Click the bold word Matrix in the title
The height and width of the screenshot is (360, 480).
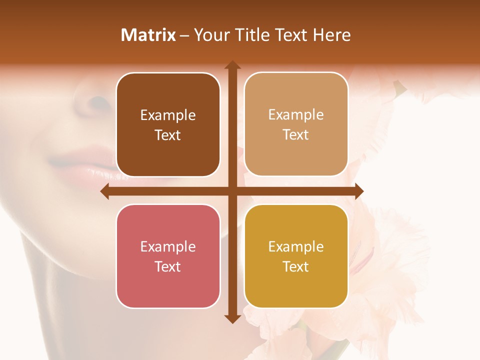pyautogui.click(x=148, y=35)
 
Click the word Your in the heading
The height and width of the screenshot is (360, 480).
pyautogui.click(x=210, y=35)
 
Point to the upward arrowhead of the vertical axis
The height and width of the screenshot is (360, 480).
pyautogui.click(x=232, y=65)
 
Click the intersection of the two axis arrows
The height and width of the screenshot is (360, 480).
pyautogui.click(x=232, y=191)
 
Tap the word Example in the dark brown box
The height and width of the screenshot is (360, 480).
pyautogui.click(x=168, y=115)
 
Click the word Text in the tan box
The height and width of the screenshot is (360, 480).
pyautogui.click(x=296, y=135)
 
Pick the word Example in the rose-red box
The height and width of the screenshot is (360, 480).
pyautogui.click(x=168, y=247)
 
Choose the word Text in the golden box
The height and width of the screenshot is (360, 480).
pyautogui.click(x=296, y=267)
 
